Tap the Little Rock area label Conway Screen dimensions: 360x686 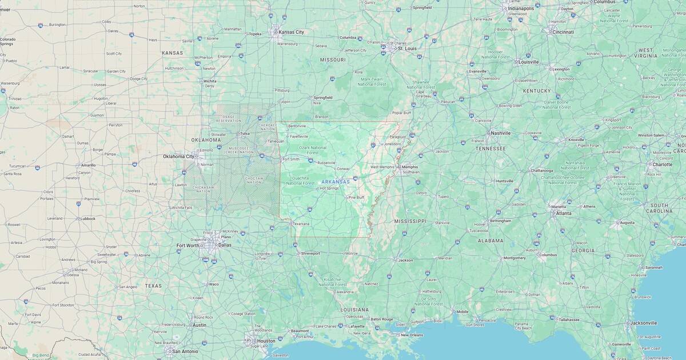point(343,169)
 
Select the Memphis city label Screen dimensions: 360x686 point(409,167)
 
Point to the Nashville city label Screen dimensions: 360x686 point(500,133)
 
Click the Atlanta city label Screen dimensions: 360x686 point(563,213)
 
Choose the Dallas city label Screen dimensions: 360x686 point(225,245)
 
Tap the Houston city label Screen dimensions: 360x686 point(266,341)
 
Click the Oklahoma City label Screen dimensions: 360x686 point(178,156)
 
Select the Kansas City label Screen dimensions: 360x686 point(291,32)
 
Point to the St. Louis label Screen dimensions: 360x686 point(407,49)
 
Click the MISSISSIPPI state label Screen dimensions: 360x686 point(410,221)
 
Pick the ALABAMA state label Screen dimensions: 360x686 point(490,241)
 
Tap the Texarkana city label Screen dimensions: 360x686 point(301,223)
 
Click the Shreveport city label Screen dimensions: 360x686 point(310,253)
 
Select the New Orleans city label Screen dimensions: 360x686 point(412,335)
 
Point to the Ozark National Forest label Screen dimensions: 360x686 point(312,150)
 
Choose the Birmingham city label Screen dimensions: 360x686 point(500,221)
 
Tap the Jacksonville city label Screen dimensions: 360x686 point(643,323)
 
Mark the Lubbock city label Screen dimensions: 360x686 point(88,218)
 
